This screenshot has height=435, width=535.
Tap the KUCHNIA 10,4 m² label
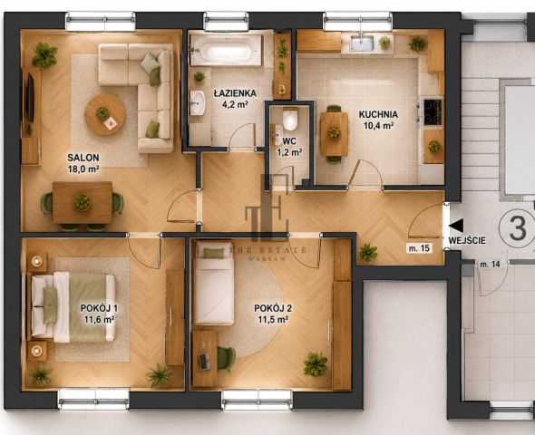[378, 120]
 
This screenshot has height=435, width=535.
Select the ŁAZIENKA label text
[235, 93]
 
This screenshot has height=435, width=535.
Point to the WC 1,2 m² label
[289, 147]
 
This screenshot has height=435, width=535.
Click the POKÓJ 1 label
[99, 308]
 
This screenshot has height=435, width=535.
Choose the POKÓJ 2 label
[273, 308]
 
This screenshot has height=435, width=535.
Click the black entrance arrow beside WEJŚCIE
[456, 226]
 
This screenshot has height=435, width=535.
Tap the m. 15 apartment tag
[420, 248]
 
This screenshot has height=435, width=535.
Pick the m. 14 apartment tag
[490, 264]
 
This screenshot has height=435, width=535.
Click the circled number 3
[518, 228]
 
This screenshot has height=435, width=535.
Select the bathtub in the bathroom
[226, 51]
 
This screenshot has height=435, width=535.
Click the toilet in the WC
[290, 120]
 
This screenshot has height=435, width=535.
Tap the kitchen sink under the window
[362, 43]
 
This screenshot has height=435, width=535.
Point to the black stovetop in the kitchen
[433, 111]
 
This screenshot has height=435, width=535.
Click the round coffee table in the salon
[105, 114]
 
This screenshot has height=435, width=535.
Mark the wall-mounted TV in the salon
[30, 98]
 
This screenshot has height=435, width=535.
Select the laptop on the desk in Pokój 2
[204, 361]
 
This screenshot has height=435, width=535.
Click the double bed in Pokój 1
[73, 306]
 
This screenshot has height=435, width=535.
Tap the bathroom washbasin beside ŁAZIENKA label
[197, 102]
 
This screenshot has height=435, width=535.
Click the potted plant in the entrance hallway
[368, 253]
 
